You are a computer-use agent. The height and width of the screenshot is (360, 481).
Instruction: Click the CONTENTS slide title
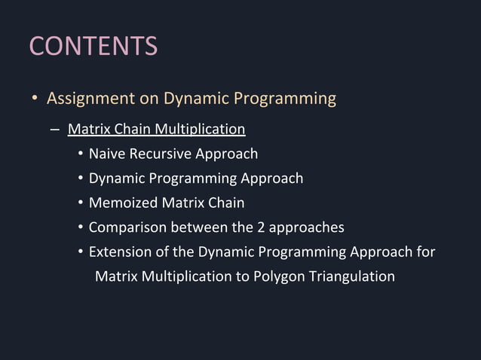[93, 46]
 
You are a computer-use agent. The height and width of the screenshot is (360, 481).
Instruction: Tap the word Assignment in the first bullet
[90, 99]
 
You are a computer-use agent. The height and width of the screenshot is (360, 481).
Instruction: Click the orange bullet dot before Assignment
[34, 99]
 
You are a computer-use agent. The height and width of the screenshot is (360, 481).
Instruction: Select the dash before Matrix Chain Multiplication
[54, 130]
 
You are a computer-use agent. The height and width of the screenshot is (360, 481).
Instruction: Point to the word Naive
[107, 154]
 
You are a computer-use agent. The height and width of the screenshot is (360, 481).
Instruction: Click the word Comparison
[127, 227]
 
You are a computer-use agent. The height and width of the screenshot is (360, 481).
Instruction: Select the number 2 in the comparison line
[262, 227]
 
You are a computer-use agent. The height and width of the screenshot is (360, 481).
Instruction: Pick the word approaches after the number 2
[307, 227]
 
